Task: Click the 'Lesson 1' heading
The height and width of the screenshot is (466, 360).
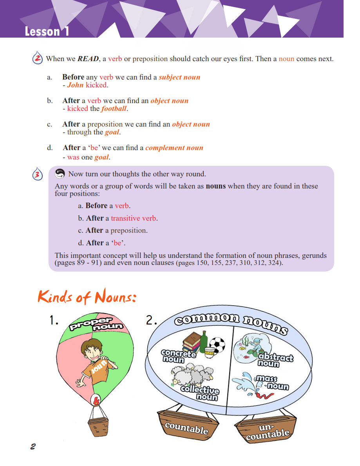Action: pos(47,31)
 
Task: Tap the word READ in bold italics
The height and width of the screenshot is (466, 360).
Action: pos(88,59)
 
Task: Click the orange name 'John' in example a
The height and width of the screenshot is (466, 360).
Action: pos(75,85)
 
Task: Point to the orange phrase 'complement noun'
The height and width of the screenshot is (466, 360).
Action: pos(174,148)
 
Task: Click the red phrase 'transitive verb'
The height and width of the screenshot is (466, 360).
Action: pos(134,218)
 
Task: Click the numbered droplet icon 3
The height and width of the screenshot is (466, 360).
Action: pos(37,175)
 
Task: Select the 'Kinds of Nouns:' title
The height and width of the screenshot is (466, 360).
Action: pos(87,297)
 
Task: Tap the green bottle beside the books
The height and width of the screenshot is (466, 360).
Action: pos(203,341)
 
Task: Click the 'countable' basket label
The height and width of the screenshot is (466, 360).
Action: pos(186,428)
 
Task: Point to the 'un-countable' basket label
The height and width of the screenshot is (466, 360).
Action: pos(268,430)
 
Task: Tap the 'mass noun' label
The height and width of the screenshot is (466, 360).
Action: pos(271,383)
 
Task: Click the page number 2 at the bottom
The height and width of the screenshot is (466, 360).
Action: pos(33,446)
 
